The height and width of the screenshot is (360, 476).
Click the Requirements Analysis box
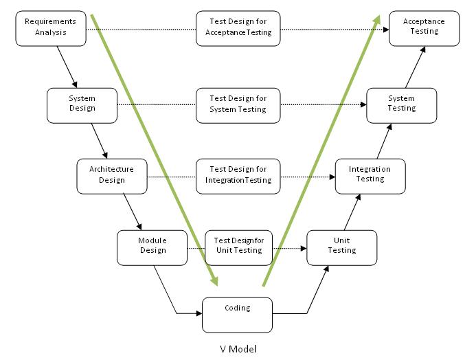tap(51, 28)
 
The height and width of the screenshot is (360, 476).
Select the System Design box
tap(82, 105)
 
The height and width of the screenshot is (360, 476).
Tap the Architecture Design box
tap(111, 176)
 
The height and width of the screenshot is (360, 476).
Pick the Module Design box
tap(152, 247)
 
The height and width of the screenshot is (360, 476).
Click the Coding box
tap(237, 315)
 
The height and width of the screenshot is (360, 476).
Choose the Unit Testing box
tap(341, 247)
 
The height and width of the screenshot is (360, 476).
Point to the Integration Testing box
tap(370, 176)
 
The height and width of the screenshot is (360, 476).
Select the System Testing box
tap(401, 105)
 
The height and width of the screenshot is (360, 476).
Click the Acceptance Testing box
tap(424, 28)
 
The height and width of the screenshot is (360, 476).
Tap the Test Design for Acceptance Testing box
tap(238, 28)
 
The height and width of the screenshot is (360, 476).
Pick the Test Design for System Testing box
tap(238, 105)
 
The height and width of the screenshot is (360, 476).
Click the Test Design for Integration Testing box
tap(238, 176)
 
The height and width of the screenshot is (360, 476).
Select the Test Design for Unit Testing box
tap(238, 247)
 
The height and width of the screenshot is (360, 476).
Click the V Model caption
tap(238, 349)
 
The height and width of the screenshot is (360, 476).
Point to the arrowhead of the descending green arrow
tap(214, 280)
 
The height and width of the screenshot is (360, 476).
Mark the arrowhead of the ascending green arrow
tap(379, 19)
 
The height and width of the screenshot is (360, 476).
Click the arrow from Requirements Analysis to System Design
tap(67, 67)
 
